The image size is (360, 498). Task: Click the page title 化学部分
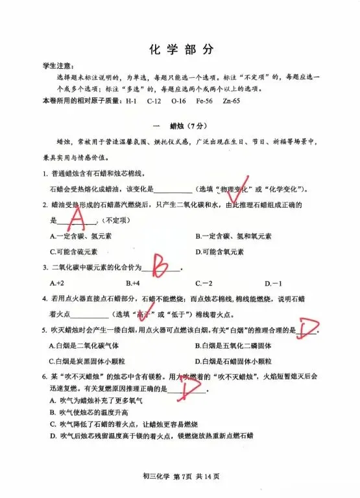coord(180,50)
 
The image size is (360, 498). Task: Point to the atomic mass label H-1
coord(130,101)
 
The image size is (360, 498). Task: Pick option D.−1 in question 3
coord(273,283)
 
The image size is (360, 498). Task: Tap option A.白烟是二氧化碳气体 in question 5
coord(84,345)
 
